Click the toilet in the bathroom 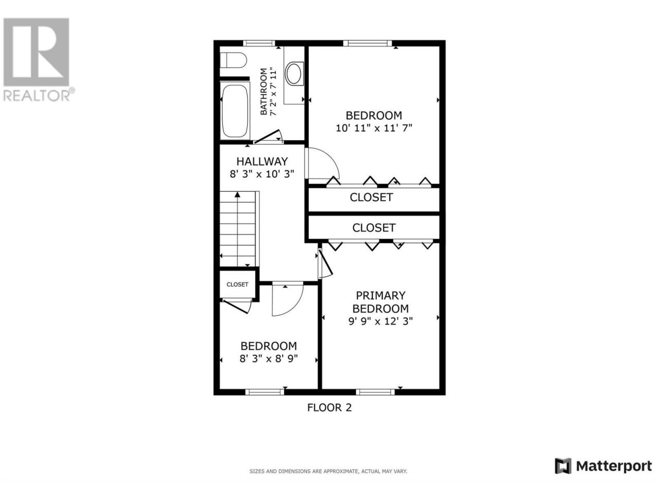tap(233, 60)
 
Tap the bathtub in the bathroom tap(235, 111)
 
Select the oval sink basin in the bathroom tap(294, 73)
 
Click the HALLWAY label tap(262, 161)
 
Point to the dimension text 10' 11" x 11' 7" tap(373, 128)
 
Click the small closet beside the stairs tap(237, 284)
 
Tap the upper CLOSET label tap(371, 197)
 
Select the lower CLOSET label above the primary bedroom tap(373, 227)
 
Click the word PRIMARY tap(380, 295)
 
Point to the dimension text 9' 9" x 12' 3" tap(380, 321)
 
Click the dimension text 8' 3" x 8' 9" tap(268, 358)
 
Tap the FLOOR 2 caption tap(329, 407)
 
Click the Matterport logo tap(603, 474)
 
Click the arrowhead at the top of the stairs tap(237, 194)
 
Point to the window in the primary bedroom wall tap(375, 392)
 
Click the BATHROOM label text tap(263, 91)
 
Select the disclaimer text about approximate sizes tap(328, 471)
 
